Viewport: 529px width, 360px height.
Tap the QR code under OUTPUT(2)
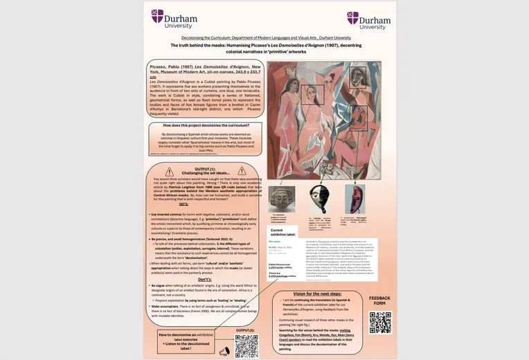(x=246, y=345)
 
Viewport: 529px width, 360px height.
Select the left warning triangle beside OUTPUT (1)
(x=169, y=171)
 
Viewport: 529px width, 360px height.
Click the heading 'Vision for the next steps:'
(x=312, y=293)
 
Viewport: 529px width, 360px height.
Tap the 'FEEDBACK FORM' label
(x=379, y=302)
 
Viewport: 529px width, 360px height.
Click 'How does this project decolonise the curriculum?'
(x=204, y=125)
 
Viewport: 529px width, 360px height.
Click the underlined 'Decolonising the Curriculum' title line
(x=266, y=37)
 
